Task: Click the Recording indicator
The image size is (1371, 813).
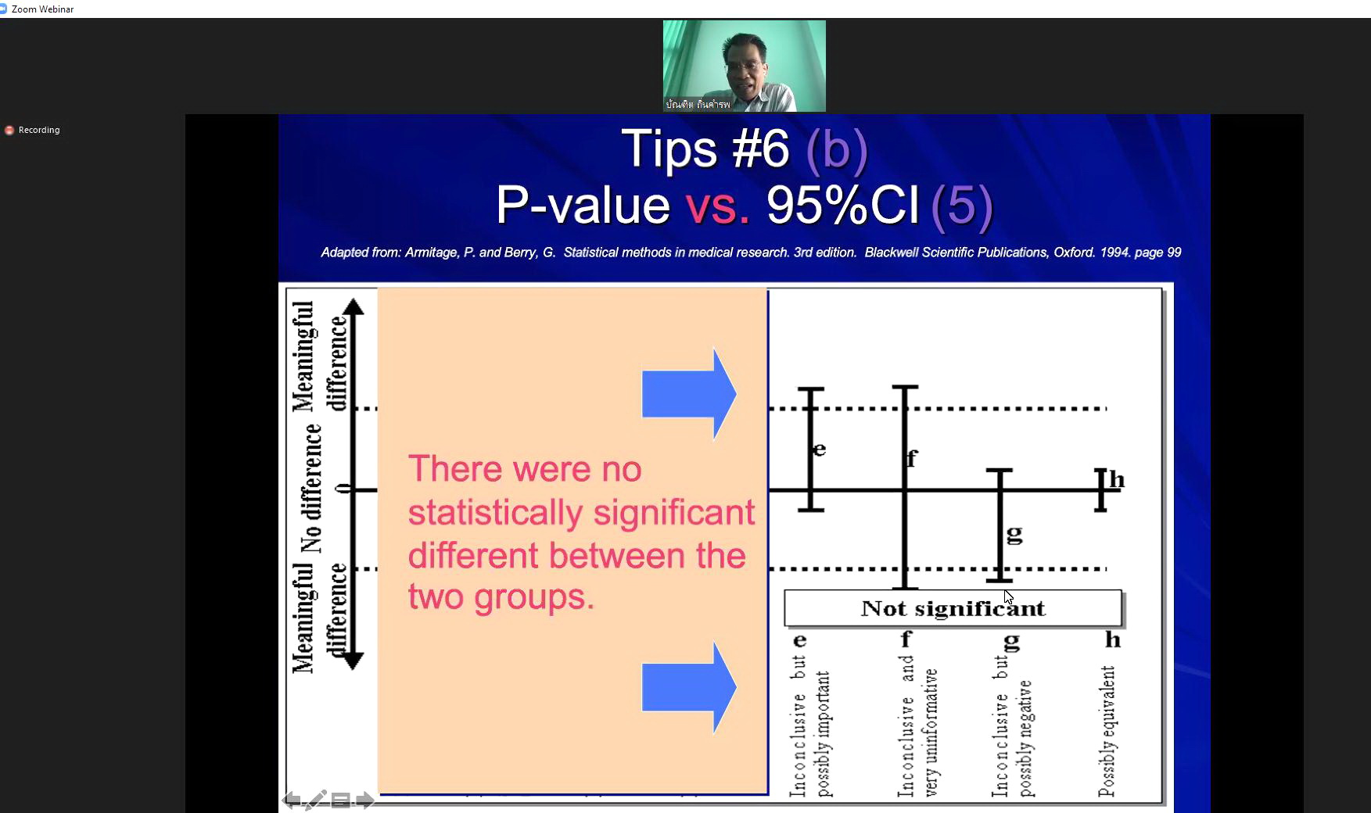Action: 32,130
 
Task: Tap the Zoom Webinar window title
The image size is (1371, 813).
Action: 42,9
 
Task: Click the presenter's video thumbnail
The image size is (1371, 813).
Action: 744,66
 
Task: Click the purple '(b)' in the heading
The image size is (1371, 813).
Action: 836,149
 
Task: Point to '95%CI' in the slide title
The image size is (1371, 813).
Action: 842,205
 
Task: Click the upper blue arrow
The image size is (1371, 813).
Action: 689,394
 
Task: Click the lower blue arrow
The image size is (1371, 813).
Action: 689,687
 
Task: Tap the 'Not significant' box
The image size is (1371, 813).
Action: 953,608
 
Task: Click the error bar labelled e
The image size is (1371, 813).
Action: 811,449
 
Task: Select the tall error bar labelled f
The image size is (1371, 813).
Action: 905,487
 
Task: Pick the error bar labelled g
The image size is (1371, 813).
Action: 1000,525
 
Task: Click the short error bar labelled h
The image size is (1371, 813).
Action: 1100,489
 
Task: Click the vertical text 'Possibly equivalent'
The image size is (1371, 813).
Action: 1106,731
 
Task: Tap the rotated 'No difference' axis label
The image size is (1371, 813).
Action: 311,488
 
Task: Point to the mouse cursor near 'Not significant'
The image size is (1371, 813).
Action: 1008,597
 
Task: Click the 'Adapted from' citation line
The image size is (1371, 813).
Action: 751,252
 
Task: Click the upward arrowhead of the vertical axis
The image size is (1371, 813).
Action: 354,306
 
